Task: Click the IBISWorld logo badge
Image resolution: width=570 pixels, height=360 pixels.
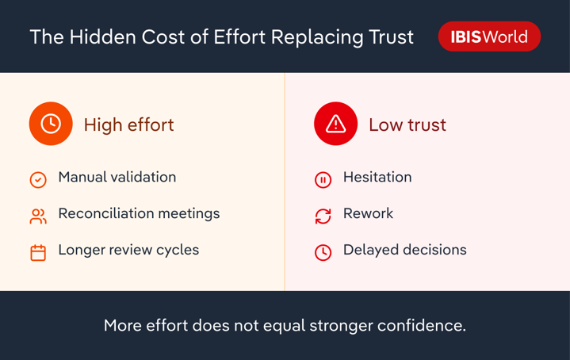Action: tap(489, 36)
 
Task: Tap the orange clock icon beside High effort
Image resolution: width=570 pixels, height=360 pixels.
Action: tap(51, 124)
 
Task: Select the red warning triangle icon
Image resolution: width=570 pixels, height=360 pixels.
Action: tap(335, 124)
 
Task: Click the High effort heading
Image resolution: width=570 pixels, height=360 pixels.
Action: tap(128, 124)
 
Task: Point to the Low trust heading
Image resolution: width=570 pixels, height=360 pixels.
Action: tap(407, 124)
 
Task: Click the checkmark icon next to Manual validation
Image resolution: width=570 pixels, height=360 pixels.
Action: tap(38, 180)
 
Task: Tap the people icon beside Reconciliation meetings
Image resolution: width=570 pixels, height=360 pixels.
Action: tap(38, 216)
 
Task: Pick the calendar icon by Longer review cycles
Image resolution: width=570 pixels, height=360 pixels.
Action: tap(38, 253)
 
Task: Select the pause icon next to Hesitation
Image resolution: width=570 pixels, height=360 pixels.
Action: tap(323, 180)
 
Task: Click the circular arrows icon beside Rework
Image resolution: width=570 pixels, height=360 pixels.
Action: tap(323, 216)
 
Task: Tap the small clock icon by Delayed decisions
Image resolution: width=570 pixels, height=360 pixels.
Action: tap(323, 253)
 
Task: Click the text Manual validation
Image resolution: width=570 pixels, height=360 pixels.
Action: tap(117, 177)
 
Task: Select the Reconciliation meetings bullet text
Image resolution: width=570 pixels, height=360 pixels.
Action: tap(139, 213)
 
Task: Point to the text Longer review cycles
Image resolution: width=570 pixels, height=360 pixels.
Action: tap(128, 251)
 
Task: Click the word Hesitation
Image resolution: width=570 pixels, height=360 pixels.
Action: tap(377, 177)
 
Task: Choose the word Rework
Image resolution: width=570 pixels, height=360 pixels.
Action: tap(369, 213)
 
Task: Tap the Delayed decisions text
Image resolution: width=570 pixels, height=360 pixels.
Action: tap(405, 251)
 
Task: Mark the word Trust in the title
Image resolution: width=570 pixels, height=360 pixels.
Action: tap(391, 36)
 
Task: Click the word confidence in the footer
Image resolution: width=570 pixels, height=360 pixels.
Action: tap(422, 325)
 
